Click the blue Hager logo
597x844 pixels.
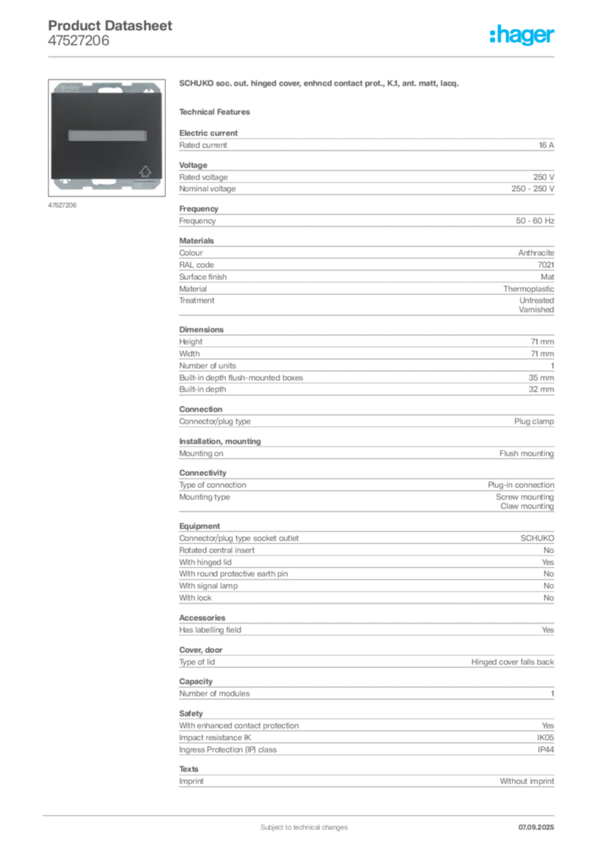(524, 35)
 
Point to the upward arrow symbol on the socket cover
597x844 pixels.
(145, 171)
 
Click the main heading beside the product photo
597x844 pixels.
(317, 84)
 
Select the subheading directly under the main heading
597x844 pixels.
(218, 111)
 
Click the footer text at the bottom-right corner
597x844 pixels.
(540, 824)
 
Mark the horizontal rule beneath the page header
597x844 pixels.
(303, 56)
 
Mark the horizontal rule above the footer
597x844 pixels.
(303, 813)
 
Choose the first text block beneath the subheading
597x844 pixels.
(365, 143)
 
